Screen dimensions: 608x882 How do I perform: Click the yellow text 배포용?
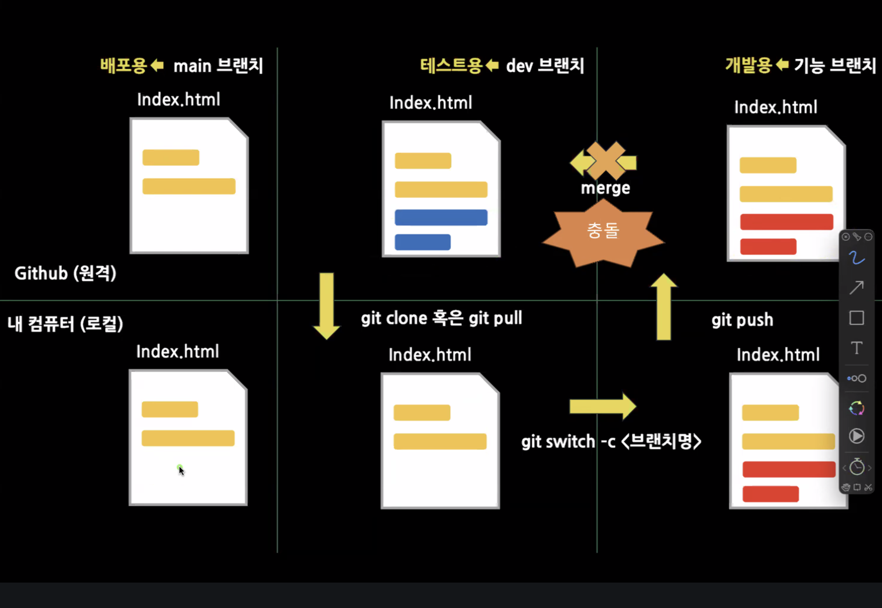click(x=123, y=66)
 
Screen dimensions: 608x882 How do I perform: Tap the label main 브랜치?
click(x=218, y=66)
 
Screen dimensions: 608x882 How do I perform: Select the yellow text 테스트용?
click(x=451, y=66)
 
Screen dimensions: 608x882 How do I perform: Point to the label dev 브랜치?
click(x=545, y=66)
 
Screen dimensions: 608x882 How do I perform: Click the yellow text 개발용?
click(x=748, y=65)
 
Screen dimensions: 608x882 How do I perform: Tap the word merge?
click(x=605, y=188)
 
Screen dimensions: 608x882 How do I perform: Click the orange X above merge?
click(x=605, y=160)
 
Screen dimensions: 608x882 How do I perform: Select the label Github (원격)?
click(x=66, y=273)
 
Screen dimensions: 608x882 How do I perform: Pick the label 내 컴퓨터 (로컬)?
click(x=66, y=324)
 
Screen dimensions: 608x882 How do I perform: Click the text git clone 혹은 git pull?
click(x=441, y=318)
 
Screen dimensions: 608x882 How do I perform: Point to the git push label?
click(x=742, y=320)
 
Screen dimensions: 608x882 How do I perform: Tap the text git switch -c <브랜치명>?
click(x=611, y=441)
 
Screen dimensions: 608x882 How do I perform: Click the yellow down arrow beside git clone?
click(x=327, y=306)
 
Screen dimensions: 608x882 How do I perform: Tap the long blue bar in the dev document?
click(x=441, y=218)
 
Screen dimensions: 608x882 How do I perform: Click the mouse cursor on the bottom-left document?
click(x=181, y=470)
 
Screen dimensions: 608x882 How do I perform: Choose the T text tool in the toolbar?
click(x=856, y=348)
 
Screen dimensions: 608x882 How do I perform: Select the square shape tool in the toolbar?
click(x=856, y=318)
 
